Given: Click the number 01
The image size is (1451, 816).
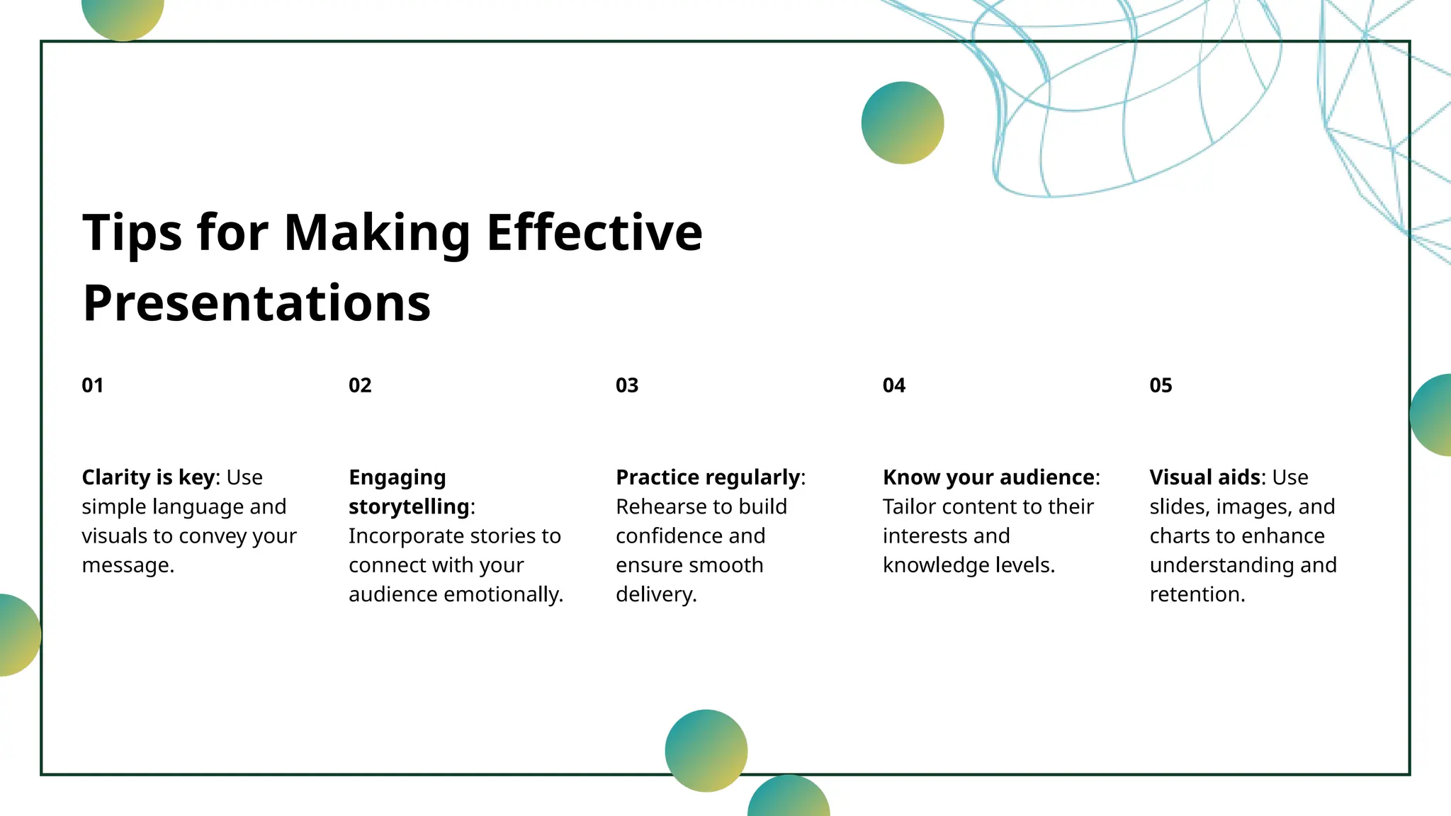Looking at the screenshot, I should click(93, 385).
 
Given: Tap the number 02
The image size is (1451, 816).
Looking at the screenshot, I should click(360, 385).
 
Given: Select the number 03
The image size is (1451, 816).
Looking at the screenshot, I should click(627, 385).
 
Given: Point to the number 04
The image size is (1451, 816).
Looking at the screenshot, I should click(894, 385).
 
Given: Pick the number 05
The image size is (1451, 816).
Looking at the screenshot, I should click(1161, 385).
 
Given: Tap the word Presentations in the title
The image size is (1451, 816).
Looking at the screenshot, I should click(256, 303).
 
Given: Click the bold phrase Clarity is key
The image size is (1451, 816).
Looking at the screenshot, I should click(148, 477).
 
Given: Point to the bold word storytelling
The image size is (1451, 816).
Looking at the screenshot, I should click(409, 507).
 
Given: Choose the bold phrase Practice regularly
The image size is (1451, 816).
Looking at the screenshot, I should click(708, 477).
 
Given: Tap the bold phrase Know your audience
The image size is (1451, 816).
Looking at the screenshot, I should click(988, 477).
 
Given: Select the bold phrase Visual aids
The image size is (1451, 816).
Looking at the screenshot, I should click(1204, 477).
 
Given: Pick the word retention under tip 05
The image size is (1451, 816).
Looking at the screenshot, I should click(1196, 594).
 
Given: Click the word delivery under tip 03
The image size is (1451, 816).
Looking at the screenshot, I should click(655, 594).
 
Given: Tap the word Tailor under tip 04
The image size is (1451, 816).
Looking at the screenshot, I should click(909, 507).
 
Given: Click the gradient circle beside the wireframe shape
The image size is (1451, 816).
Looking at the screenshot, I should click(903, 123).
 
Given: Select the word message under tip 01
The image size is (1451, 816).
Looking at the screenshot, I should click(127, 565).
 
